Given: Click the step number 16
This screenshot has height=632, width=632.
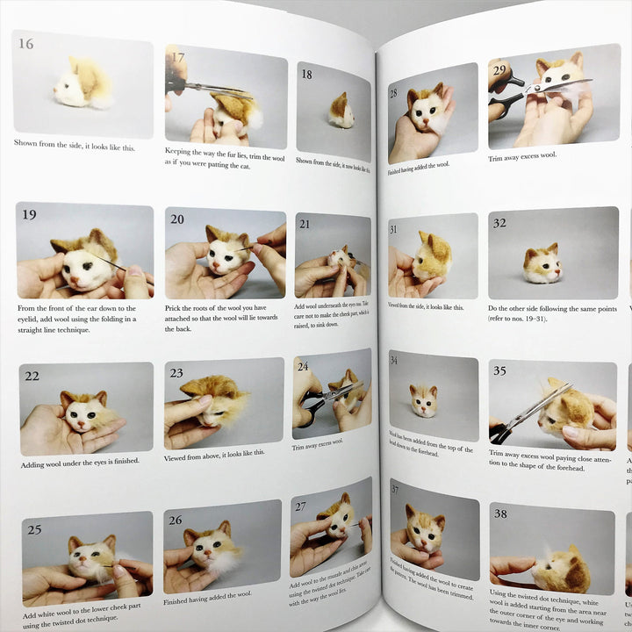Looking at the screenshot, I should click(x=26, y=44).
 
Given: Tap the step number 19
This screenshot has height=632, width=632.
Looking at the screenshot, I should click(x=30, y=216).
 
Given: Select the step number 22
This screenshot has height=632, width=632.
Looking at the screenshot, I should click(x=32, y=376).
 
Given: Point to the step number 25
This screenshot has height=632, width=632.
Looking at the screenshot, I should click(x=34, y=529).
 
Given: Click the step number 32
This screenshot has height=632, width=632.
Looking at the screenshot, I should click(x=500, y=223).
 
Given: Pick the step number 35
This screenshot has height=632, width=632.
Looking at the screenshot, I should click(x=499, y=371).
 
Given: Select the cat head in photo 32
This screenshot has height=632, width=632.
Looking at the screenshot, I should click(x=541, y=264).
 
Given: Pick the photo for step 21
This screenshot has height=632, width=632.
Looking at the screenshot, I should click(x=333, y=256).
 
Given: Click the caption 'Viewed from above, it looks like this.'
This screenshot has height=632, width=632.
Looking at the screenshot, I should click(x=214, y=456).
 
